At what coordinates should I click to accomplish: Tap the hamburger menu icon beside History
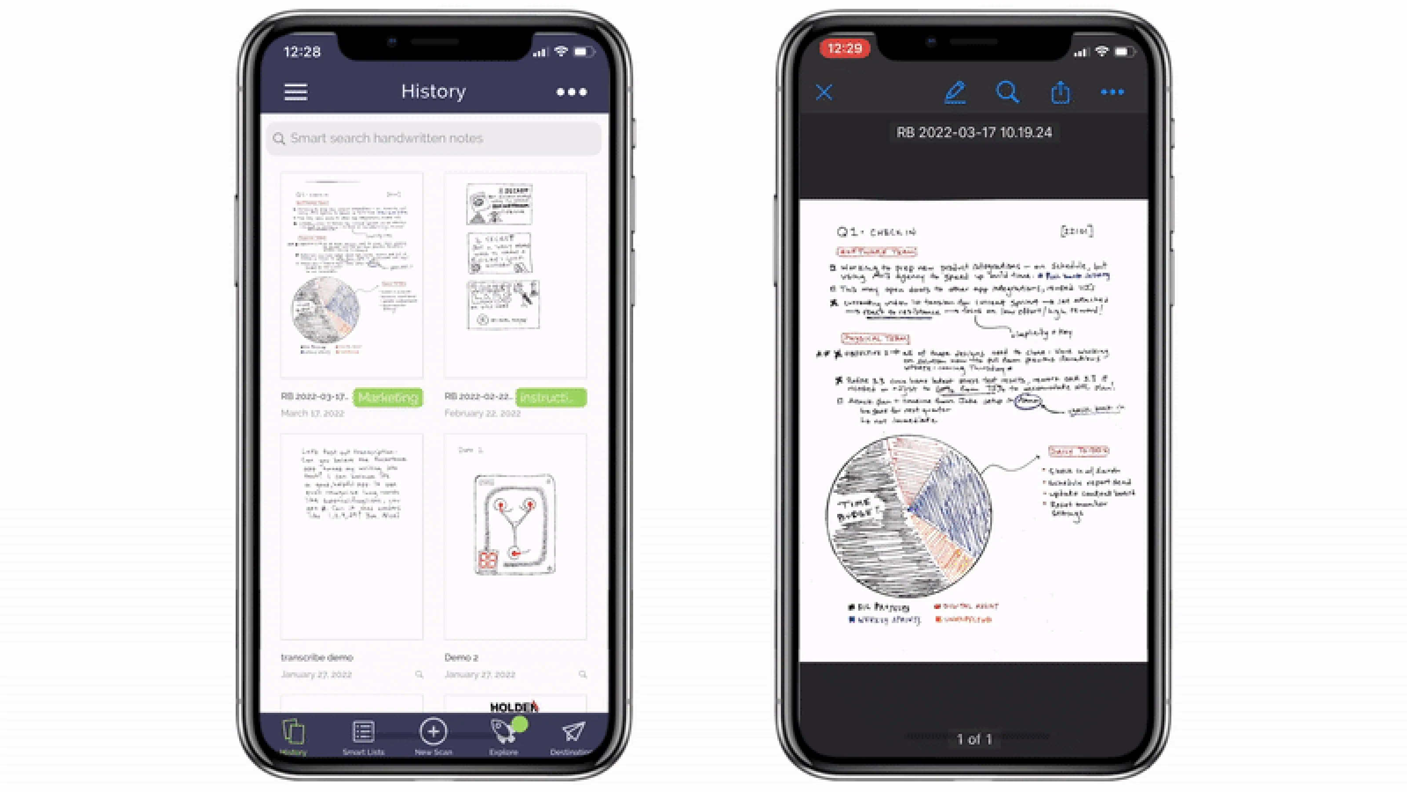click(295, 92)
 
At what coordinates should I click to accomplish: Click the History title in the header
click(433, 91)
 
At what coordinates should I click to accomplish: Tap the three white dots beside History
click(571, 92)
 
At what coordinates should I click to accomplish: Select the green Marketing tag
click(388, 397)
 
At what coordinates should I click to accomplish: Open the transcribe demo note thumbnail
click(351, 535)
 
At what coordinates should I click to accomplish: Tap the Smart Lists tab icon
click(363, 733)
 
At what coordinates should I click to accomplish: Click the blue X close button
click(824, 92)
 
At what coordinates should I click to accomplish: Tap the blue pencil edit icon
click(955, 92)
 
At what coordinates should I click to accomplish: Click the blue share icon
click(1060, 92)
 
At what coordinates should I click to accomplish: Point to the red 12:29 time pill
click(844, 49)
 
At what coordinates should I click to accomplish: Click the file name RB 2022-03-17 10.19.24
click(974, 132)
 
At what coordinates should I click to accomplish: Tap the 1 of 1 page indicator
click(974, 739)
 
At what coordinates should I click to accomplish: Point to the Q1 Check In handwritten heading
click(876, 232)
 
